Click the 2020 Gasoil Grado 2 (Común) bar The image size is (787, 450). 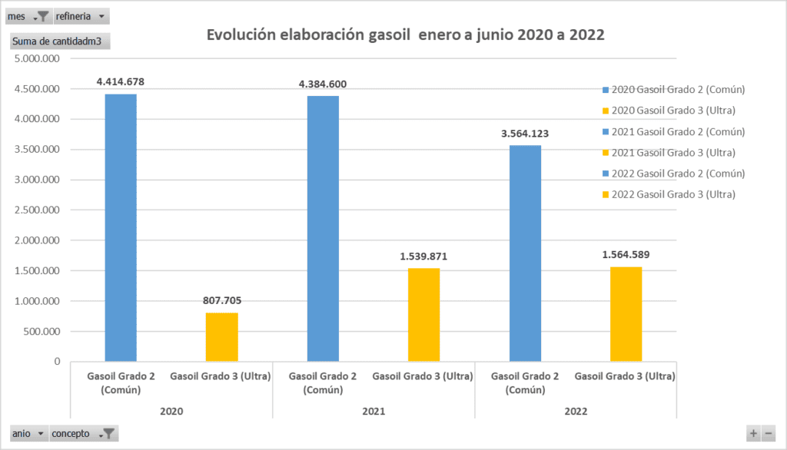(x=121, y=227)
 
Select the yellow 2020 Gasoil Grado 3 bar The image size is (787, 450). (x=221, y=336)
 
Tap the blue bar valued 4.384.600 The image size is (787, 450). (x=323, y=228)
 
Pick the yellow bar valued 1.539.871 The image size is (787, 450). (x=423, y=314)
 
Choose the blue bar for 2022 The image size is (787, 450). (x=525, y=253)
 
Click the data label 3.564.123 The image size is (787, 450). (x=525, y=134)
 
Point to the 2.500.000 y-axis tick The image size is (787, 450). (x=38, y=210)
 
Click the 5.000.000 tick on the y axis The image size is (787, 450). (x=38, y=59)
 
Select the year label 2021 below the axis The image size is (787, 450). (x=374, y=412)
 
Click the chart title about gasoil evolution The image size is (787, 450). (x=405, y=35)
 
